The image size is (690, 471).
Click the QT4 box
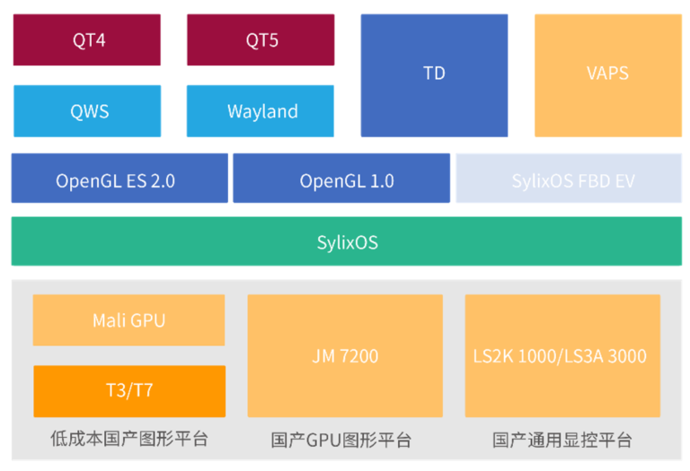click(86, 40)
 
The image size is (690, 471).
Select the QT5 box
click(261, 40)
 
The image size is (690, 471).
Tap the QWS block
click(87, 111)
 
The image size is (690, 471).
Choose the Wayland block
click(260, 111)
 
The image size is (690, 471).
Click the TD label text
click(434, 74)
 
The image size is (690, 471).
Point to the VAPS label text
click(607, 74)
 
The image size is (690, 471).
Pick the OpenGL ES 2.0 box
click(119, 178)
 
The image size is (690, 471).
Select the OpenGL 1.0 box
click(341, 178)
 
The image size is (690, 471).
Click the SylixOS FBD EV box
click(569, 178)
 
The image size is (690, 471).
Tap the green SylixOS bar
click(347, 241)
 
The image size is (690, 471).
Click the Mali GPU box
click(129, 320)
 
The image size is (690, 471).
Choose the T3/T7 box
click(129, 391)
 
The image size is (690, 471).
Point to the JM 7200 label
click(345, 356)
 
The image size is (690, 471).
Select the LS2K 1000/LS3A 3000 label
click(560, 356)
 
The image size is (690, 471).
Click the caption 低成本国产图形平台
click(129, 439)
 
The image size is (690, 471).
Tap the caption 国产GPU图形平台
click(341, 440)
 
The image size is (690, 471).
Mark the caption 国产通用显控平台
click(562, 440)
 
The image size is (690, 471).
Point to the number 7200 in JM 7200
click(359, 356)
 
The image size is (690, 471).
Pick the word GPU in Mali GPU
click(148, 321)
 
